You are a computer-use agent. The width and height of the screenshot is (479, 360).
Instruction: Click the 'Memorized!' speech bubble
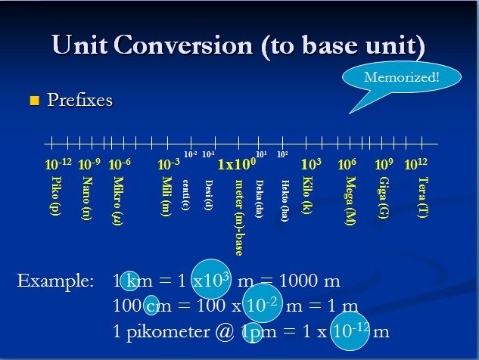pyautogui.click(x=401, y=77)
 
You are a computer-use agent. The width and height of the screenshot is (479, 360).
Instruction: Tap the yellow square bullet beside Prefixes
pyautogui.click(x=33, y=101)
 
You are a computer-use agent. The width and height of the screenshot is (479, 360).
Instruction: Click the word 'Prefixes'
pyautogui.click(x=79, y=101)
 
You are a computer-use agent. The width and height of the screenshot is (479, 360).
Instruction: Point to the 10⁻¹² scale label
pyautogui.click(x=58, y=163)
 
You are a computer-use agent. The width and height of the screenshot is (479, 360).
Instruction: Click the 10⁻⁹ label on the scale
pyautogui.click(x=89, y=163)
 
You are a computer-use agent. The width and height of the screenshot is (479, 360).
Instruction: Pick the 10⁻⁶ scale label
pyautogui.click(x=120, y=163)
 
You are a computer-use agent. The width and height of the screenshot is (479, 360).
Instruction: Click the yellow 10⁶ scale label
pyautogui.click(x=347, y=163)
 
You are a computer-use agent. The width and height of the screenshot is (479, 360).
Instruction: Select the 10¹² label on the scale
pyautogui.click(x=415, y=163)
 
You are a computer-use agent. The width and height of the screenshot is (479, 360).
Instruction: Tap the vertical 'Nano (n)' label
pyautogui.click(x=86, y=197)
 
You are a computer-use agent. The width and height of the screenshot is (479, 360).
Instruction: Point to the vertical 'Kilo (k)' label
pyautogui.click(x=306, y=196)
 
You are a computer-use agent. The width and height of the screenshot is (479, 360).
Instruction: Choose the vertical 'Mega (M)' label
pyautogui.click(x=350, y=200)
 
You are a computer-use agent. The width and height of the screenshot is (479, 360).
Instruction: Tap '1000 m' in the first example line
pyautogui.click(x=309, y=281)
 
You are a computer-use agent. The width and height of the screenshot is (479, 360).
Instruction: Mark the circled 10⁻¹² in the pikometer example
pyautogui.click(x=350, y=331)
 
